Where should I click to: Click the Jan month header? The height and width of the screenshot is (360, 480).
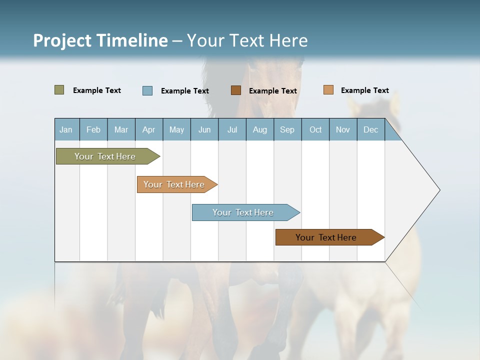[66, 129]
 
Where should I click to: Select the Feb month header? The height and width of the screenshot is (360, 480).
[93, 129]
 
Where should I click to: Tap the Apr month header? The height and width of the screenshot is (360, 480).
[148, 129]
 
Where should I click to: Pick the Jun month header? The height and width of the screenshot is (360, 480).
[204, 129]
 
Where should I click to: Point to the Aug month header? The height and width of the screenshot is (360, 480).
[259, 129]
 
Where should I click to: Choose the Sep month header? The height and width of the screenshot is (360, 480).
[287, 129]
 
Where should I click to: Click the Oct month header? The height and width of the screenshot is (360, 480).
[315, 129]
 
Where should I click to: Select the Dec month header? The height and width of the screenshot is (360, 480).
[370, 129]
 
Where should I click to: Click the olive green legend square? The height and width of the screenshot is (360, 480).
[59, 90]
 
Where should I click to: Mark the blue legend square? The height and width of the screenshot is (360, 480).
[147, 90]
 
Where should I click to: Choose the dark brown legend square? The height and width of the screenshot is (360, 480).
[236, 90]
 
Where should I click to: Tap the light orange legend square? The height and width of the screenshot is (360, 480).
[328, 90]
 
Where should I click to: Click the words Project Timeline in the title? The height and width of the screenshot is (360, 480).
[100, 40]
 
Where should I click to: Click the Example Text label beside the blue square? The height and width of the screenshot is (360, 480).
[185, 91]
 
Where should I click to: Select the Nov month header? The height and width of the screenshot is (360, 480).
[343, 129]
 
